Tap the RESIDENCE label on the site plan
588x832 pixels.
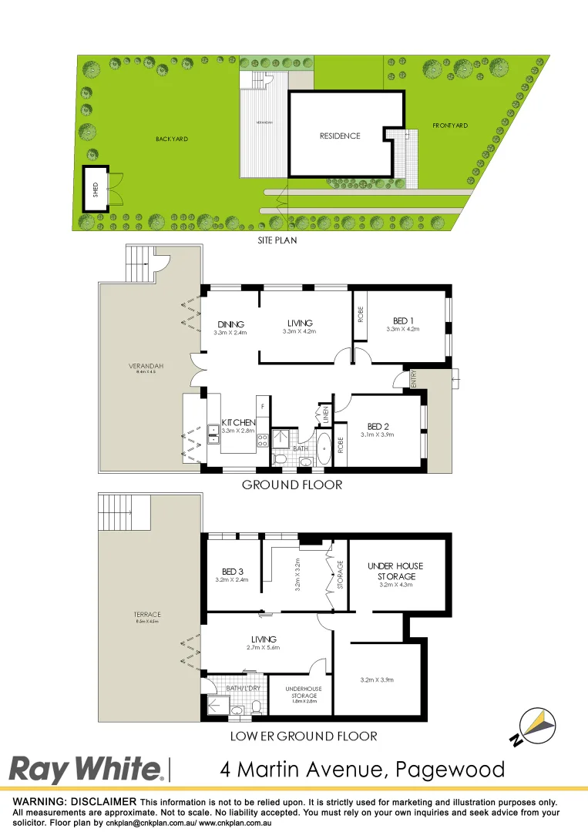(340, 136)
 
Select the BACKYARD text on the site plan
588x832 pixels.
(172, 139)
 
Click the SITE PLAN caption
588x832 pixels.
(277, 240)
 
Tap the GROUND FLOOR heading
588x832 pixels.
(291, 485)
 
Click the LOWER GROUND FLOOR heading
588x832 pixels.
(304, 736)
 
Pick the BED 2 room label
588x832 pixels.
(378, 426)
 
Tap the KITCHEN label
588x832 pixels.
(238, 423)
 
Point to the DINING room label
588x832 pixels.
(230, 324)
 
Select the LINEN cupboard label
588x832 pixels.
(325, 414)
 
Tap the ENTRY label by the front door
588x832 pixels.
(414, 378)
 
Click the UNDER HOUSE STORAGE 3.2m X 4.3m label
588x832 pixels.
(396, 571)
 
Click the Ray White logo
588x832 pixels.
(86, 770)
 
